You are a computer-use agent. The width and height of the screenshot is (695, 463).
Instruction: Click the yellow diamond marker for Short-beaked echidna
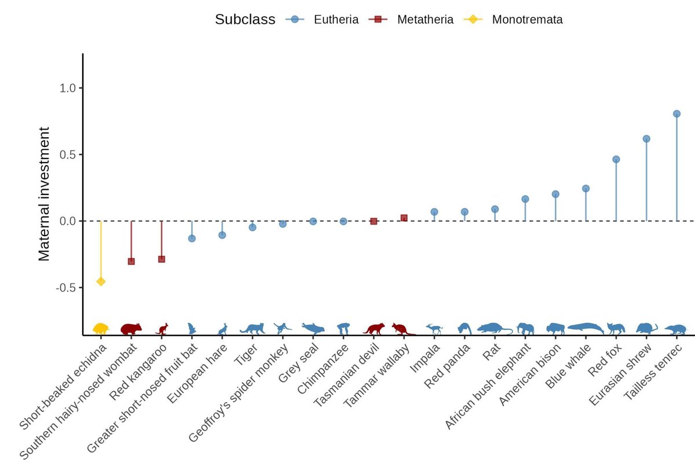(101, 281)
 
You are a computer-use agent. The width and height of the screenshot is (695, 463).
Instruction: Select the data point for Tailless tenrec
(676, 114)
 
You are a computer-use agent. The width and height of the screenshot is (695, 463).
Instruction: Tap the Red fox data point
(616, 159)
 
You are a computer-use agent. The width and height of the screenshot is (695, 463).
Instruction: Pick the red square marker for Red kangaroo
(162, 259)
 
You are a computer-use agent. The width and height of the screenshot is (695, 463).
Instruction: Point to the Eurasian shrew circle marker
(646, 139)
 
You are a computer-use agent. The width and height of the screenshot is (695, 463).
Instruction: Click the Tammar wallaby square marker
(404, 218)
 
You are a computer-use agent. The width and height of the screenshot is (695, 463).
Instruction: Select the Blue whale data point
(586, 189)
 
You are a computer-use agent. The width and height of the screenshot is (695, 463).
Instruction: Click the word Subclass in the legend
(245, 20)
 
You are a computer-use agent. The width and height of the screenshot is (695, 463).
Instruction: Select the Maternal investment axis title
(45, 194)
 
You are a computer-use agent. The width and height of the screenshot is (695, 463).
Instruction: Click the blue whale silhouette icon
(586, 328)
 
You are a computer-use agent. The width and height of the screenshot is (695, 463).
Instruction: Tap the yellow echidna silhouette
(101, 328)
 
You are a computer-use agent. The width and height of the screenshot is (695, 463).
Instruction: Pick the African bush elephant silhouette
(525, 329)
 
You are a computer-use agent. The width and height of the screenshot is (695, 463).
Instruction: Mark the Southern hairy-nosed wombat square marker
(131, 262)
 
